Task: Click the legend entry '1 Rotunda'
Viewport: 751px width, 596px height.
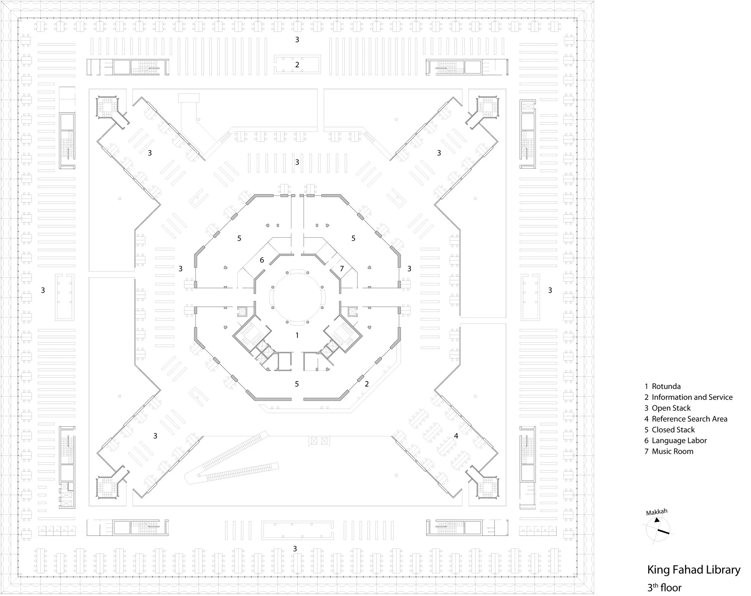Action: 662,386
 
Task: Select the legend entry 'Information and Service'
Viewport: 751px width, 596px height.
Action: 688,397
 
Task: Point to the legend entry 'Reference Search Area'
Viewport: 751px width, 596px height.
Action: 686,419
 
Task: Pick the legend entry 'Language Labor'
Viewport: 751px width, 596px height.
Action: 676,441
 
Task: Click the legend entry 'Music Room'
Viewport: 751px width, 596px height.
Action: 669,452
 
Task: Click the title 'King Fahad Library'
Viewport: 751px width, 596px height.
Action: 694,570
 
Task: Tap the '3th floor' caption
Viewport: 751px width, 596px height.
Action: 664,587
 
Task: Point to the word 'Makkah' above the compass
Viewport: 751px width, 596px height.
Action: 657,512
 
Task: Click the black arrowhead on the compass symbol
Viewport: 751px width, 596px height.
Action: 657,520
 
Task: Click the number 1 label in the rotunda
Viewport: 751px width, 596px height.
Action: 297,335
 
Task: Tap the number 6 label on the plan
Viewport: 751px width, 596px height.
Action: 262,260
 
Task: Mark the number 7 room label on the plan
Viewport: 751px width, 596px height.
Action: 342,269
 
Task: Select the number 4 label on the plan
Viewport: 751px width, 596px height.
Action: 456,436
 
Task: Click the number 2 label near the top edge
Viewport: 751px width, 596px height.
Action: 297,65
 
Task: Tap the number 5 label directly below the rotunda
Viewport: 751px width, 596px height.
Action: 297,384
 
